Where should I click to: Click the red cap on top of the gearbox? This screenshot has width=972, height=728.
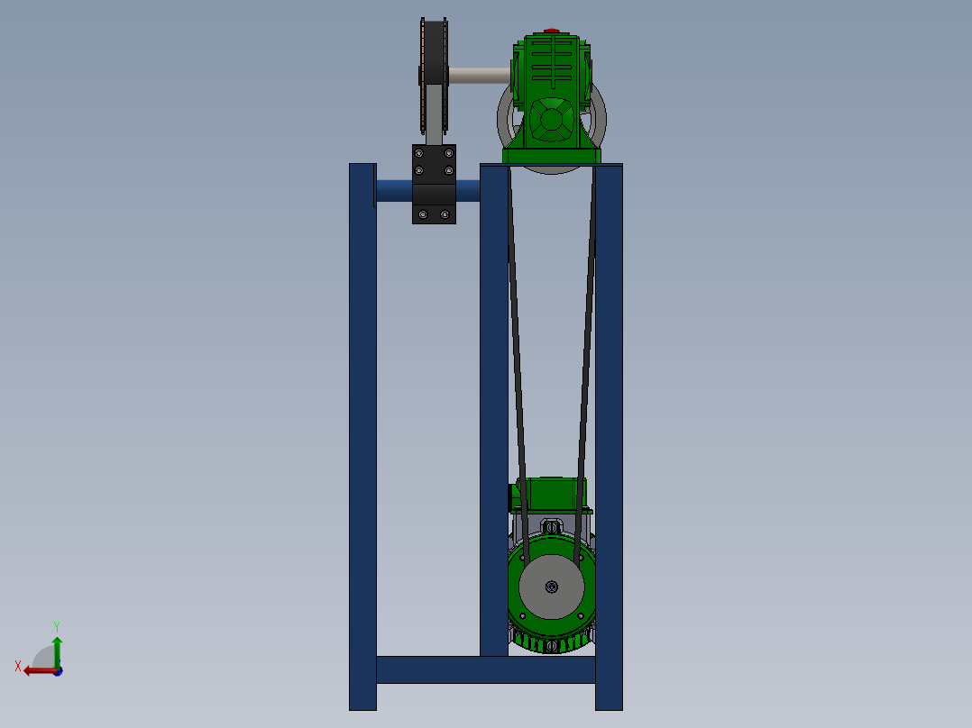coord(551,32)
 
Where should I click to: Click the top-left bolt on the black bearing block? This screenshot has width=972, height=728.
coord(417,154)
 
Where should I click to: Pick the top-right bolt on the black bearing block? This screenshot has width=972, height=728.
coord(448,154)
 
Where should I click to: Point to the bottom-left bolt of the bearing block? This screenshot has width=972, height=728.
coord(419,214)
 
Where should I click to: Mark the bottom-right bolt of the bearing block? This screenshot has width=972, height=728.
coord(445,214)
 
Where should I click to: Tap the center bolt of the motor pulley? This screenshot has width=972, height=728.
coord(552,587)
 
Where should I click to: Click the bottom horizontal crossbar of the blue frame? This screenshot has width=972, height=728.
coord(485,669)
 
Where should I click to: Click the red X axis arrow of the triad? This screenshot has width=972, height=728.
coord(34,669)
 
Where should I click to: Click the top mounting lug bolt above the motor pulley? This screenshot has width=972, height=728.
coord(552,524)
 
